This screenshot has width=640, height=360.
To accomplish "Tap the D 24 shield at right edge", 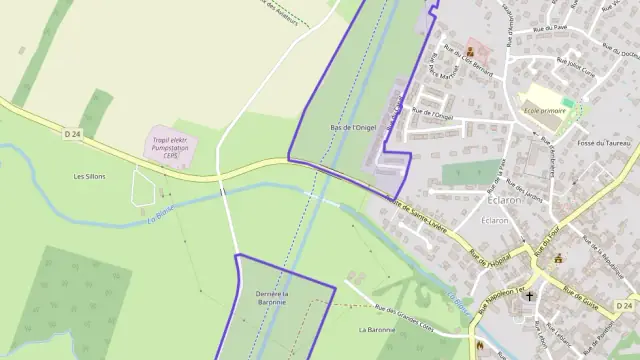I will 623,304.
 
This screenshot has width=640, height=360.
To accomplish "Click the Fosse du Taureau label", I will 604,143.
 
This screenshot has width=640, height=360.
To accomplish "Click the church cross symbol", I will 530,297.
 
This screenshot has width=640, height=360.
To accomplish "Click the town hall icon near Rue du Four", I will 558,258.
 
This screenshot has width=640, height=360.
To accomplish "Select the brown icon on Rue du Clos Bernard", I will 471,51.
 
